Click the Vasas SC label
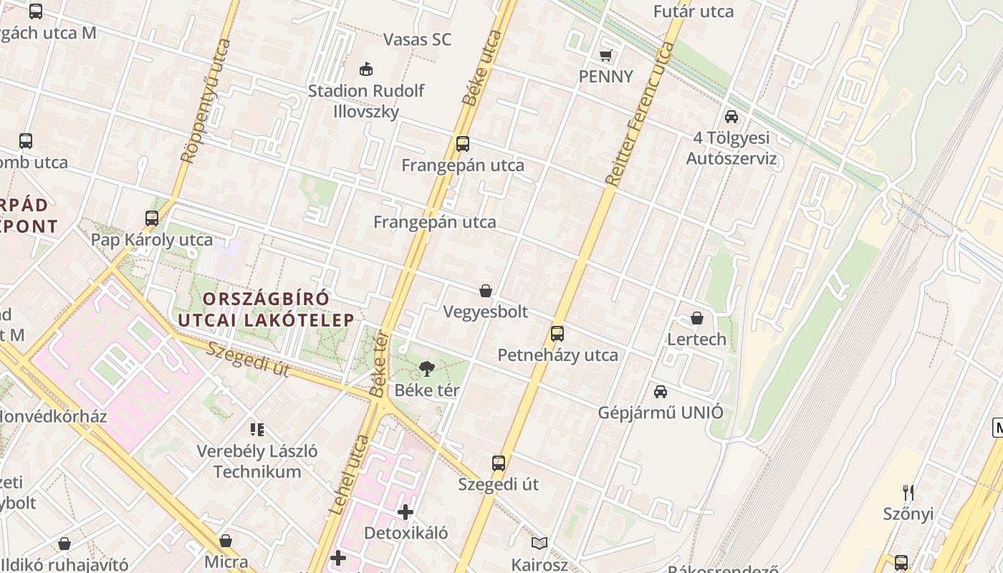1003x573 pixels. coord(417,39)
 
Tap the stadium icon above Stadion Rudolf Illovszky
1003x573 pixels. coord(366,69)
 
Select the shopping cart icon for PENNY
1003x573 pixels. coord(605,55)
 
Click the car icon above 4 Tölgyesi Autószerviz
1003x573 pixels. coord(731,116)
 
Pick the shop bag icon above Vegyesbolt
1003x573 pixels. coord(486,291)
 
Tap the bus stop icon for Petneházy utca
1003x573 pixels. coord(557,333)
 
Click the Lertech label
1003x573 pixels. coord(696,339)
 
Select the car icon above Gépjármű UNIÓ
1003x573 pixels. coord(660,391)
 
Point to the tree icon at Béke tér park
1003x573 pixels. coord(427,369)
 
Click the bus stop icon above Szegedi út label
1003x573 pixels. coord(499,463)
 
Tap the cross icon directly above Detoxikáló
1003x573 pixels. coord(405,512)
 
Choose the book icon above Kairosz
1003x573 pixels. coord(539,544)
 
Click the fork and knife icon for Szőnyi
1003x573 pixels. coord(908,492)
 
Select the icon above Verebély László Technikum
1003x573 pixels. coord(257,430)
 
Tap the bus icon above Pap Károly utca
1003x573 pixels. coord(152,218)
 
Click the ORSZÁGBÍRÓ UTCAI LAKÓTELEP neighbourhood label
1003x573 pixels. coord(266,309)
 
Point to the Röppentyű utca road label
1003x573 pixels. coord(206,100)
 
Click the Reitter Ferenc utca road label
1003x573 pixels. coord(640,115)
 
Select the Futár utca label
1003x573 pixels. coord(694,11)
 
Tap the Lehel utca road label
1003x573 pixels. coord(349,474)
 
